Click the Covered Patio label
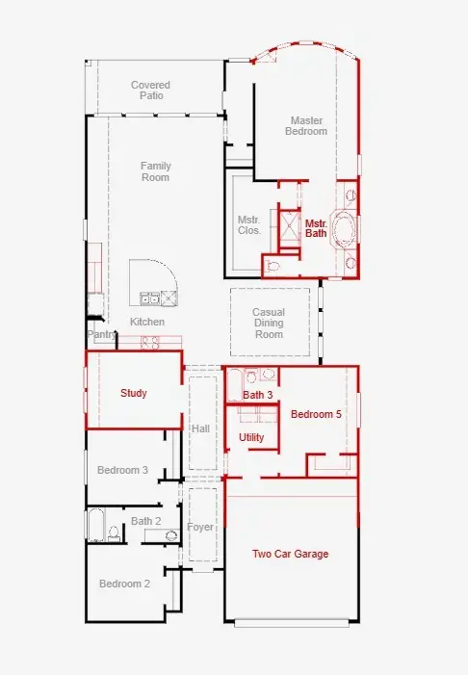(x=150, y=91)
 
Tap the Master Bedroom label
(x=306, y=126)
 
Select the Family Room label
(x=155, y=171)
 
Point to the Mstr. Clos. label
(x=249, y=225)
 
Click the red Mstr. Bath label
(x=316, y=228)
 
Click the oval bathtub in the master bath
(x=344, y=228)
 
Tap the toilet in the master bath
(x=273, y=266)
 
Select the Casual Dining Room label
(x=269, y=323)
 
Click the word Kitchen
(x=147, y=322)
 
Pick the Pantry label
(x=102, y=334)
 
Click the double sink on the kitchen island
(x=149, y=298)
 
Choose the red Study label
(x=134, y=393)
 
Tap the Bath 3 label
(x=257, y=395)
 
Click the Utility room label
(x=251, y=437)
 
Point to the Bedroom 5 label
(x=316, y=414)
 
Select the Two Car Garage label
(x=290, y=554)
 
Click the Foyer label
(x=200, y=527)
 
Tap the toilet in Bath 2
(x=114, y=532)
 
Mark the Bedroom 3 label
(x=122, y=470)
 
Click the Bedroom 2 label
(x=124, y=584)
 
